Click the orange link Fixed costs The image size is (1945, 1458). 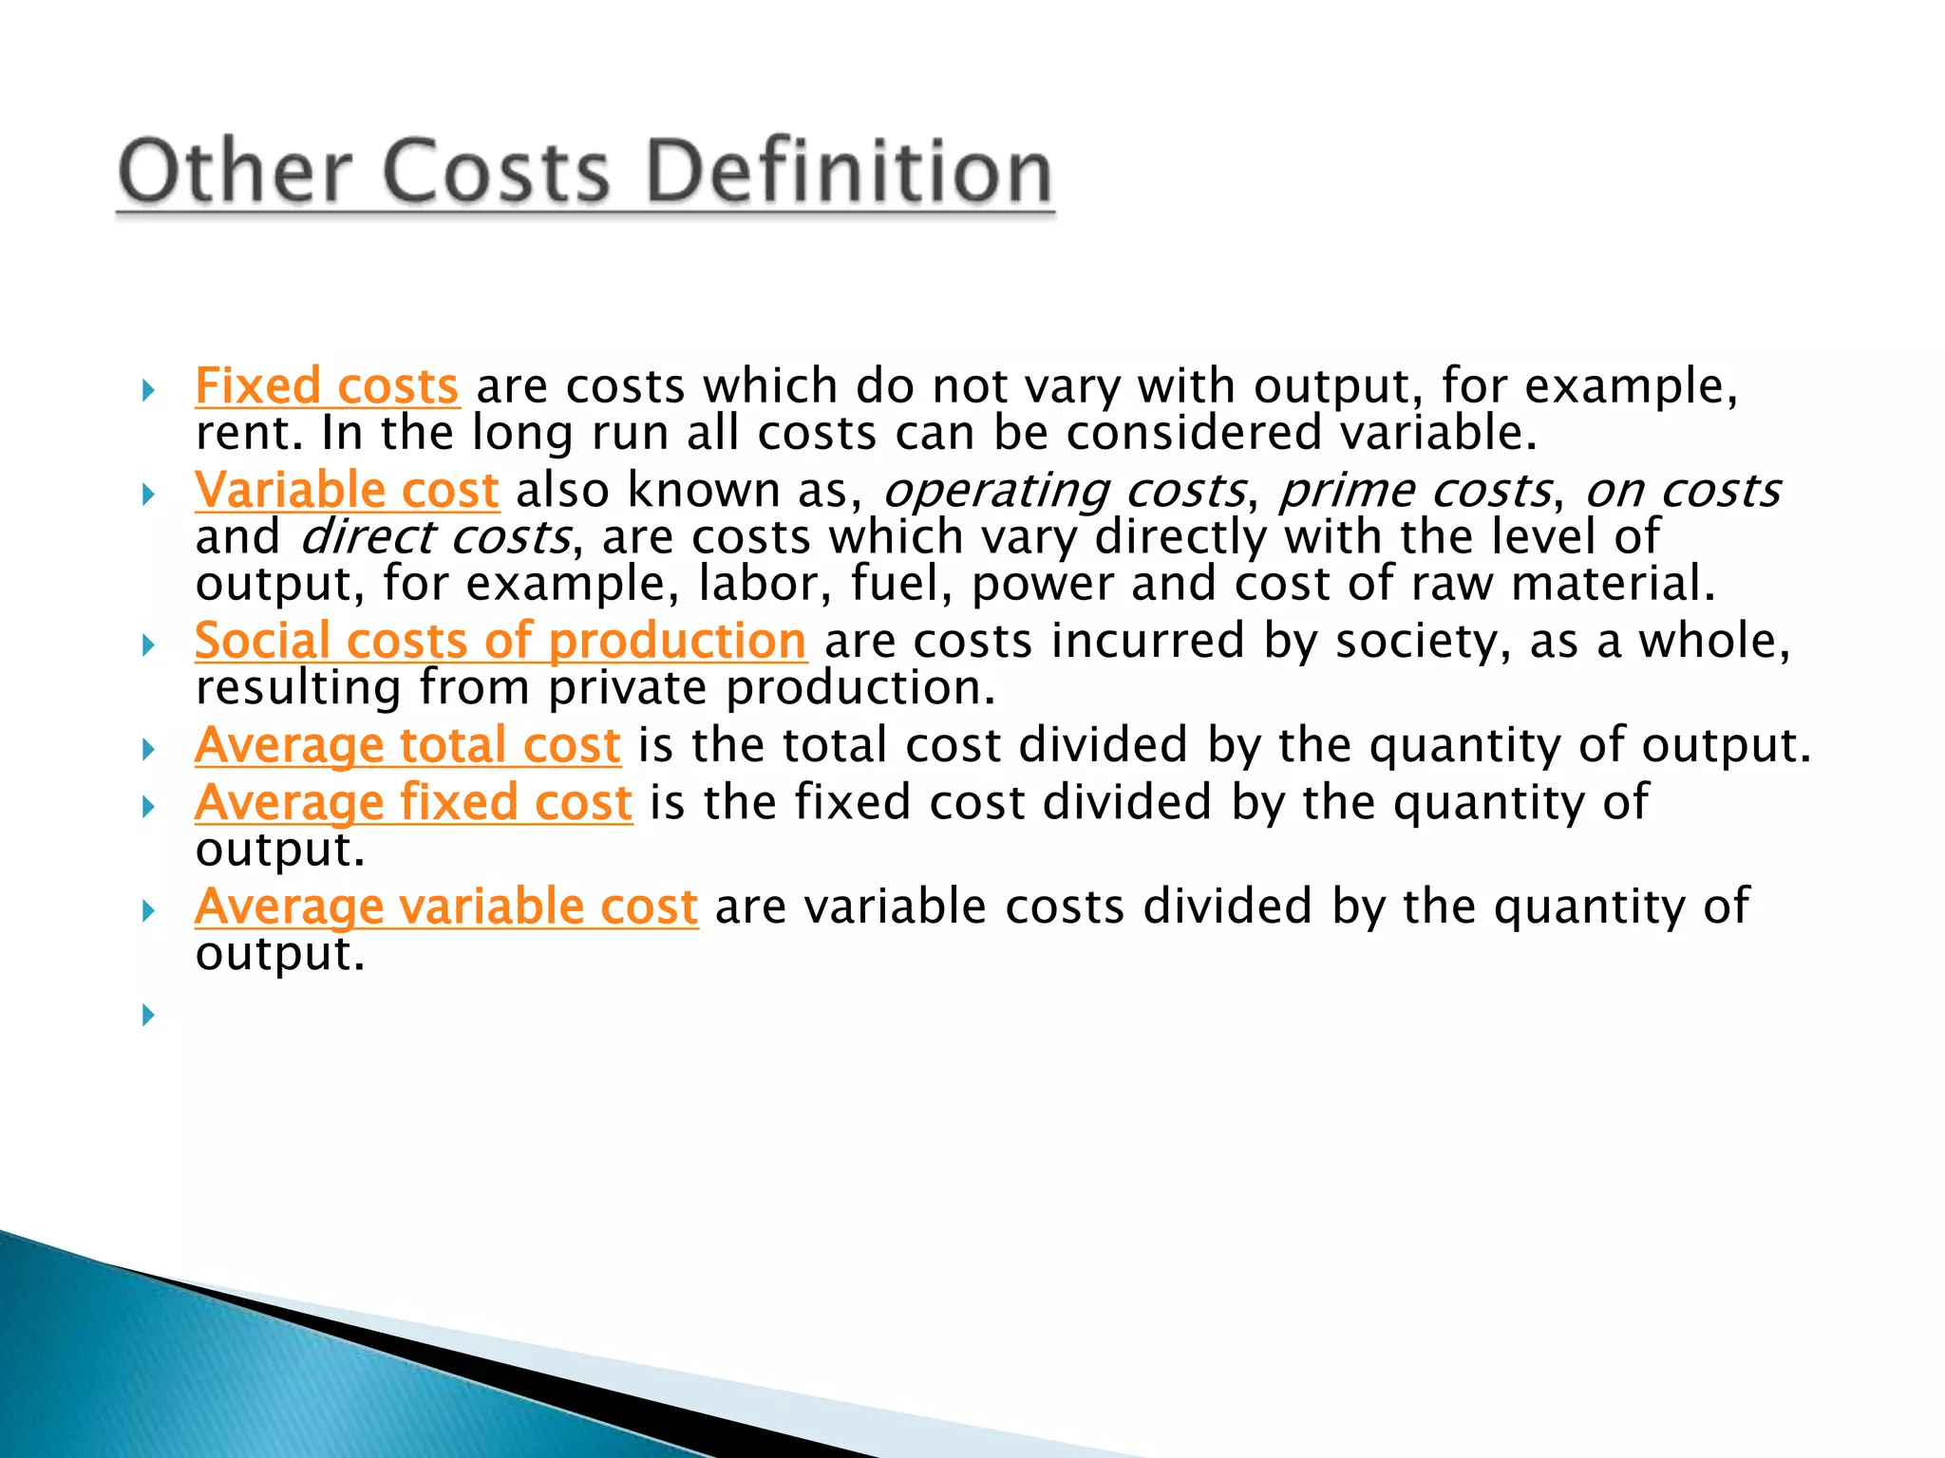pyautogui.click(x=327, y=386)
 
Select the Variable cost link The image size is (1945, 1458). pyautogui.click(x=347, y=490)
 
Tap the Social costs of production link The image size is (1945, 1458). pyautogui.click(x=500, y=641)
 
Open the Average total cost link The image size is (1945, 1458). pyautogui.click(x=407, y=745)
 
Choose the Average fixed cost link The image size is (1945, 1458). pyautogui.click(x=413, y=802)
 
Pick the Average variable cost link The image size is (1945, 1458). pyautogui.click(x=446, y=907)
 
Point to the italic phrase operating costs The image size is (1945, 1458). pyautogui.click(x=1064, y=491)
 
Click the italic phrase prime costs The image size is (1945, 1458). pyautogui.click(x=1415, y=491)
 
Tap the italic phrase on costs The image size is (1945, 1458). pyautogui.click(x=1683, y=491)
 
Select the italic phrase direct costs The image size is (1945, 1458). pyautogui.click(x=436, y=537)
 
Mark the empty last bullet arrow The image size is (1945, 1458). pyautogui.click(x=148, y=1015)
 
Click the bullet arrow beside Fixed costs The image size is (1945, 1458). pyautogui.click(x=148, y=389)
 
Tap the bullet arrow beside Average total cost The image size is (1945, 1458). pyautogui.click(x=148, y=750)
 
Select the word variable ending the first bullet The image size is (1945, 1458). pyautogui.click(x=1437, y=434)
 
